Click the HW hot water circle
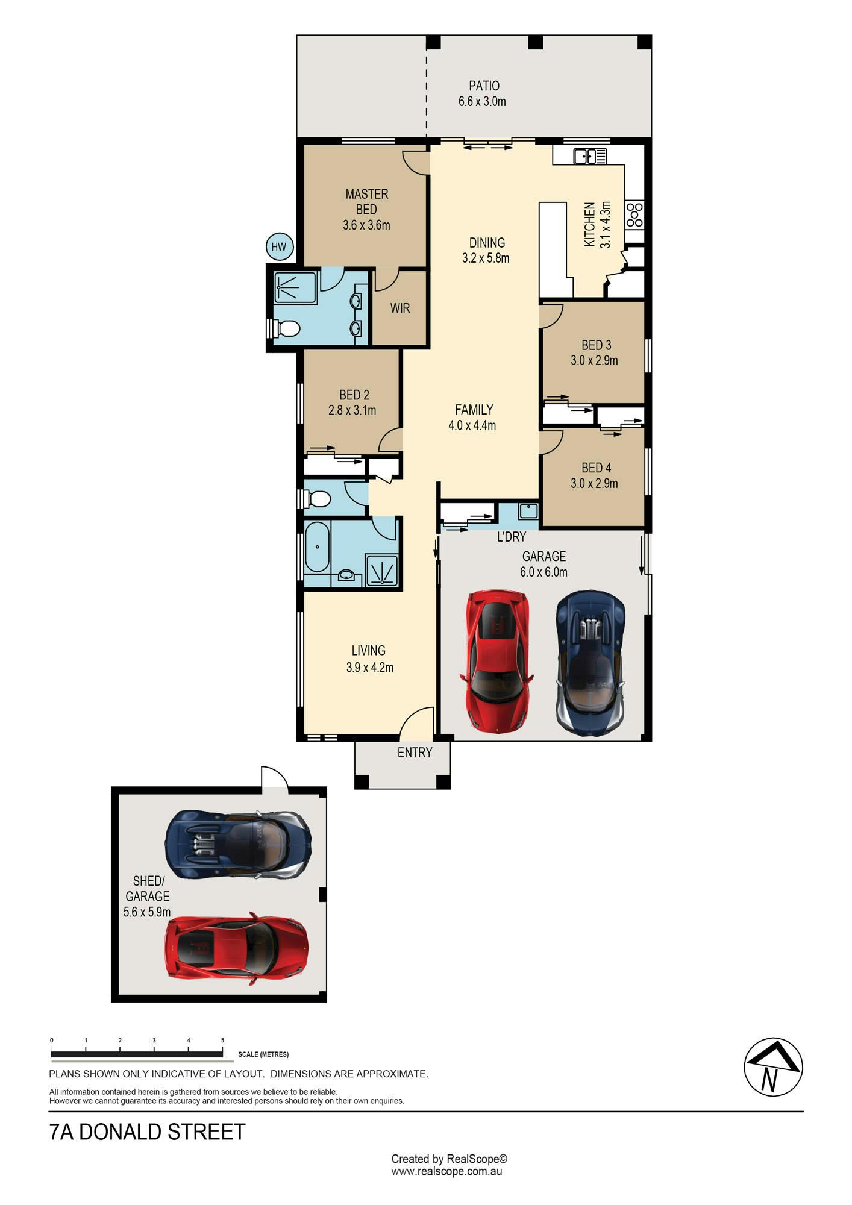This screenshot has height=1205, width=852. coord(278,246)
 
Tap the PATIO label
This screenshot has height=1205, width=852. coord(484,86)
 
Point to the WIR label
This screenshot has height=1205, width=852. coord(400,308)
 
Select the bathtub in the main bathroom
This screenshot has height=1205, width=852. coord(317,548)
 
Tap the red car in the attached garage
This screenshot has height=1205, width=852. coord(495,661)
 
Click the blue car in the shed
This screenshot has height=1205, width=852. coord(239,844)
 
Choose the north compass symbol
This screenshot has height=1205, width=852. coord(773,1068)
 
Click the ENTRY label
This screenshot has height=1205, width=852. coord(415,753)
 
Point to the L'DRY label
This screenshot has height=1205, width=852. coord(512,536)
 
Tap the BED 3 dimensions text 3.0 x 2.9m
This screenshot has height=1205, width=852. coord(594,361)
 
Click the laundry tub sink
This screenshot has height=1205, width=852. coord(528,511)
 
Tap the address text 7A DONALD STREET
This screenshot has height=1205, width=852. coord(148,1132)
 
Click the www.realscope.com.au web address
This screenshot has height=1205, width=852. coord(446,1172)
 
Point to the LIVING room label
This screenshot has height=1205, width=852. coord(369,651)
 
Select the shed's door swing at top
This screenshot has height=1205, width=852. coord(274,777)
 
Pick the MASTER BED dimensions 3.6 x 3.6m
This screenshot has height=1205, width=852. coord(366,225)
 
